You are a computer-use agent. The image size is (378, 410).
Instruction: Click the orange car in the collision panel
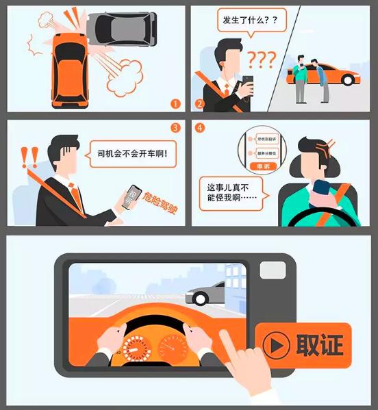71,68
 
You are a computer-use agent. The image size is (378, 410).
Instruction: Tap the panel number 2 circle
199,104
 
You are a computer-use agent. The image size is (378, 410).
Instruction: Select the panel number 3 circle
175,128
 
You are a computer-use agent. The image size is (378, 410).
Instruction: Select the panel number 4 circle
199,128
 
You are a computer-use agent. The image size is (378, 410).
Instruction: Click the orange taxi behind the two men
329,74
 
